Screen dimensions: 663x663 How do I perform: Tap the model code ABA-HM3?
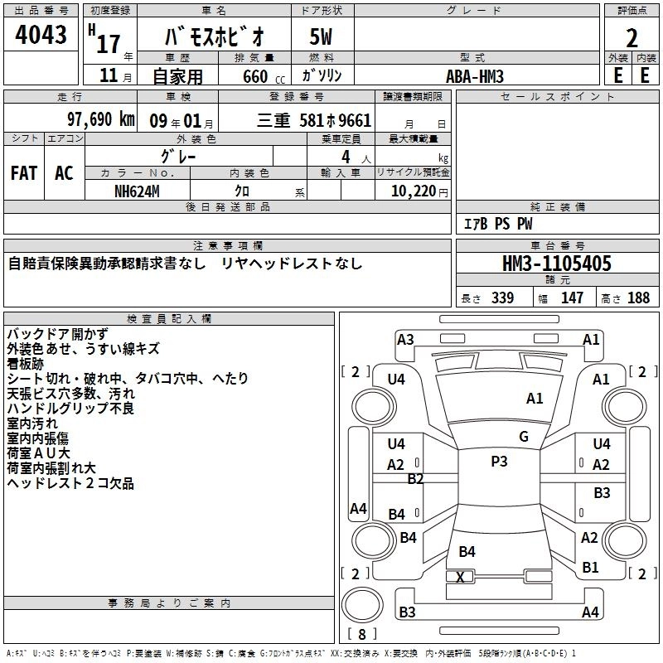pos(475,76)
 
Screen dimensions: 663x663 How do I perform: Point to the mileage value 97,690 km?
pos(100,120)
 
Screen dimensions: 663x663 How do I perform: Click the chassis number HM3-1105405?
pos(557,264)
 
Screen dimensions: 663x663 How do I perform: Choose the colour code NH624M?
pos(138,191)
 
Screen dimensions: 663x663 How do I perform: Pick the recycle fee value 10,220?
pos(412,191)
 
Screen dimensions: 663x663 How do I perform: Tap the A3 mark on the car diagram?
pos(405,339)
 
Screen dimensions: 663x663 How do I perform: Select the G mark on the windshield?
pos(524,437)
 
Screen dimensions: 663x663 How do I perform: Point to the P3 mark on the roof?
pos(499,462)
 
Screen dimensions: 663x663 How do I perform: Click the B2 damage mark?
pos(416,478)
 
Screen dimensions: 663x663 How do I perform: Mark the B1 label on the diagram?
pos(590,568)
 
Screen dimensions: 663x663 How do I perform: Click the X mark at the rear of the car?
pos(461,577)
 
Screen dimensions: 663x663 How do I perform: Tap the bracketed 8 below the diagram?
pos(365,634)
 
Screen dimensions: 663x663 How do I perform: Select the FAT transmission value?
pos(24,173)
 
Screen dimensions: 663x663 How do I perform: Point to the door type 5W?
pos(322,36)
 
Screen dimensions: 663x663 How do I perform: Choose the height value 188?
pos(638,298)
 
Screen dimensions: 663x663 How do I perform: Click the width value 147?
pos(572,298)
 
